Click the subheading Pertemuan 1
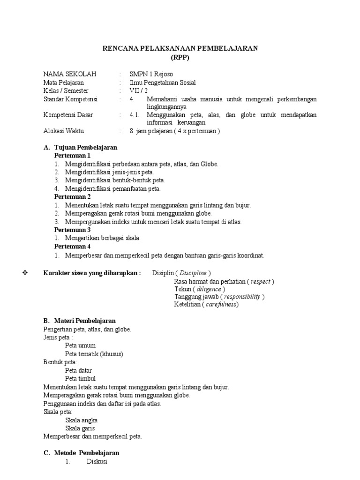72,155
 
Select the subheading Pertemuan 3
72,230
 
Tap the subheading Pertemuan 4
72,247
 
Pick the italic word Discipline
193,273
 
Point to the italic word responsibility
242,297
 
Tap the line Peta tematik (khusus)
94,354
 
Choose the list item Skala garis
80,428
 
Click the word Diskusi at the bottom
97,462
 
